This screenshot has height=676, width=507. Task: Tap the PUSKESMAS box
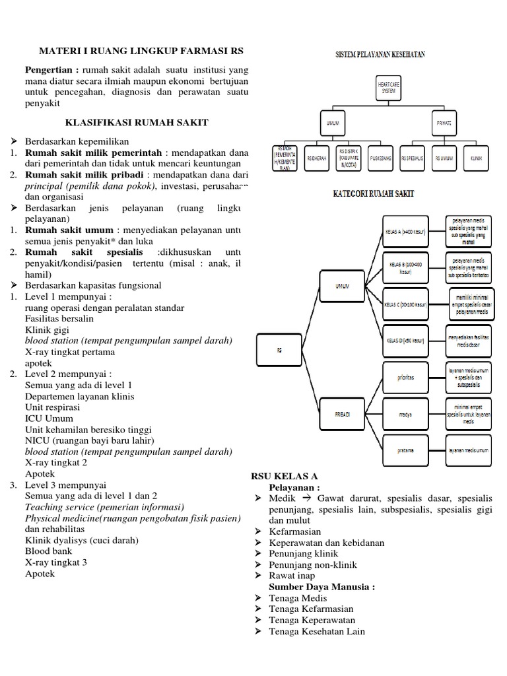(384, 158)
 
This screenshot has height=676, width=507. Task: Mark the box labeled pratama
(405, 450)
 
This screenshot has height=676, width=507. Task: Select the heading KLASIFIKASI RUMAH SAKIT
(137, 122)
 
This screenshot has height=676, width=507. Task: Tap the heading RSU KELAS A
(285, 476)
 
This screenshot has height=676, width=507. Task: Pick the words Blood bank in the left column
(47, 551)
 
